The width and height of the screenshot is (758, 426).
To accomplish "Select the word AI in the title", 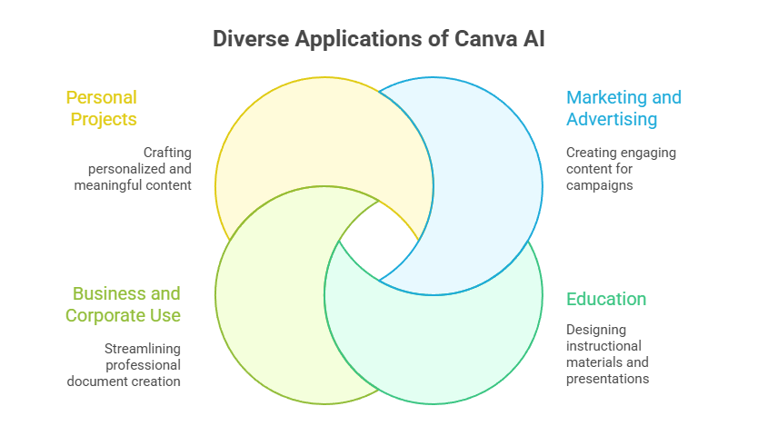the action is pos(534,39).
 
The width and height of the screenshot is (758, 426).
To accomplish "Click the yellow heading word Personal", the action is pos(102,97).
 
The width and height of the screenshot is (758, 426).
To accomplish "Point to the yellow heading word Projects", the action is pos(104,119).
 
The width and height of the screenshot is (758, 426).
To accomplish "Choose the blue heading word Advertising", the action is pos(612,119).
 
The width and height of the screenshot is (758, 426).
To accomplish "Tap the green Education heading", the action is pos(606,299).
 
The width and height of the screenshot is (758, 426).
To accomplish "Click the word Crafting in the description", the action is pos(167,153).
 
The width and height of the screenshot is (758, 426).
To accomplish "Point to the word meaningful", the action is pos(104,185).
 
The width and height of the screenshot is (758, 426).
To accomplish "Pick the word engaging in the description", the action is pos(648,154).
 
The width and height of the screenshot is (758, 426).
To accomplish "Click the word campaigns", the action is pos(600,185).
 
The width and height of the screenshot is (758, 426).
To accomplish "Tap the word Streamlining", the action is pos(143,349).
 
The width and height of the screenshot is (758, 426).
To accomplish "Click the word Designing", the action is pos(596,330).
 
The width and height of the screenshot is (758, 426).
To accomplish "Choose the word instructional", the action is pos(603,346).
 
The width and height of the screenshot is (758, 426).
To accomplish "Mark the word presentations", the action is pos(608,379).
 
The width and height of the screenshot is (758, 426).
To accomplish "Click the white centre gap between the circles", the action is pos(379,241).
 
